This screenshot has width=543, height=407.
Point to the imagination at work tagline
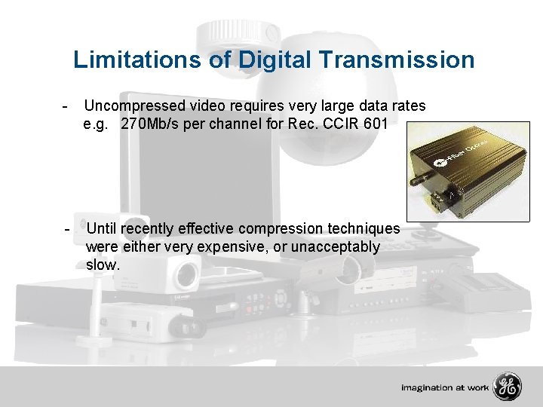tap(444, 388)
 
